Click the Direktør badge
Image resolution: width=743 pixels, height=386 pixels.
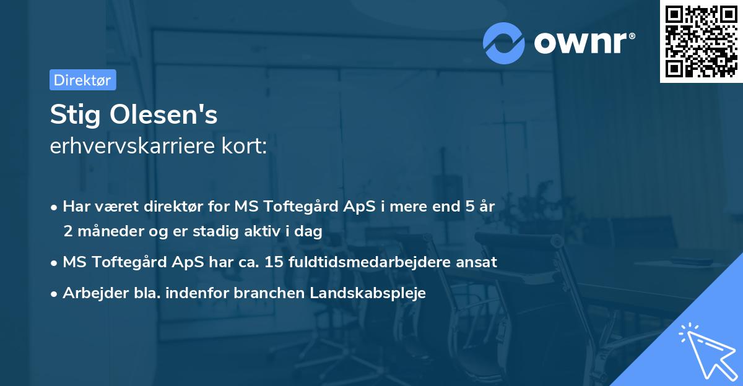(x=82, y=80)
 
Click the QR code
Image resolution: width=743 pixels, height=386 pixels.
(x=702, y=41)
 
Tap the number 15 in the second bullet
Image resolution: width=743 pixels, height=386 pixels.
(x=274, y=262)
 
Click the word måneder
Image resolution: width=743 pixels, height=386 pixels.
(x=106, y=231)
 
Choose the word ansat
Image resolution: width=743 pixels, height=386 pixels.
(x=477, y=262)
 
